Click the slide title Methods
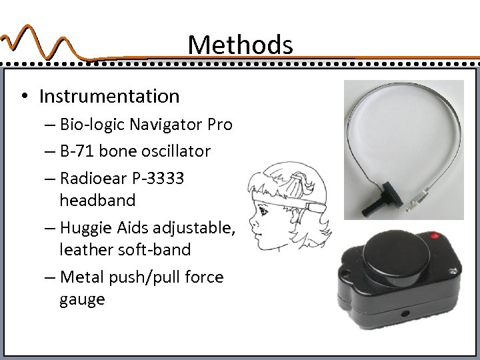(240, 45)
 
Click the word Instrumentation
(109, 97)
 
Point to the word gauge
(82, 299)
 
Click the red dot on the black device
(437, 237)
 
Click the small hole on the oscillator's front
(403, 311)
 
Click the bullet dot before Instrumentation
(24, 97)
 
